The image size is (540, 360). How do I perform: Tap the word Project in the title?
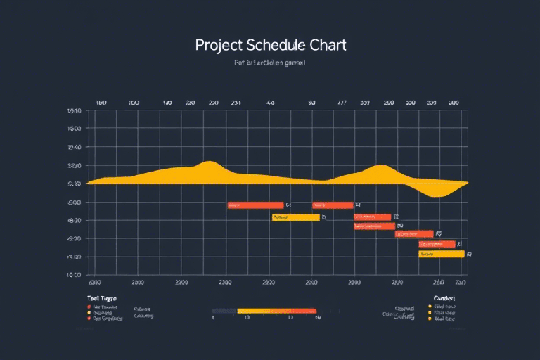[x=219, y=46]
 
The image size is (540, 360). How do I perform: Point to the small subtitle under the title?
[x=269, y=63]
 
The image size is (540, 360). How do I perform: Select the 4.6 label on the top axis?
[x=270, y=103]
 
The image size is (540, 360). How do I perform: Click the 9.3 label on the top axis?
[x=311, y=103]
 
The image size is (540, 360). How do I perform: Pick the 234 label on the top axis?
[x=236, y=103]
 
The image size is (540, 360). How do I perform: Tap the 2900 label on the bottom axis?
[x=311, y=282]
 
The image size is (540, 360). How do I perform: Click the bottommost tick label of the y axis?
[x=74, y=275]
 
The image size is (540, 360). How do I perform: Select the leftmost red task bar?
[x=255, y=205]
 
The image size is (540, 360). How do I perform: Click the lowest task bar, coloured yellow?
[x=442, y=254]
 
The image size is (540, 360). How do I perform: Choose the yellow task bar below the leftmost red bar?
[x=295, y=218]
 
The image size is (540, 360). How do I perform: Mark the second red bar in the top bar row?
[x=333, y=205]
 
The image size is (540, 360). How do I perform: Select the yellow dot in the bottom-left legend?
[x=89, y=312]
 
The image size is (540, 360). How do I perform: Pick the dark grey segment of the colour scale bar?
[x=224, y=310]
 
